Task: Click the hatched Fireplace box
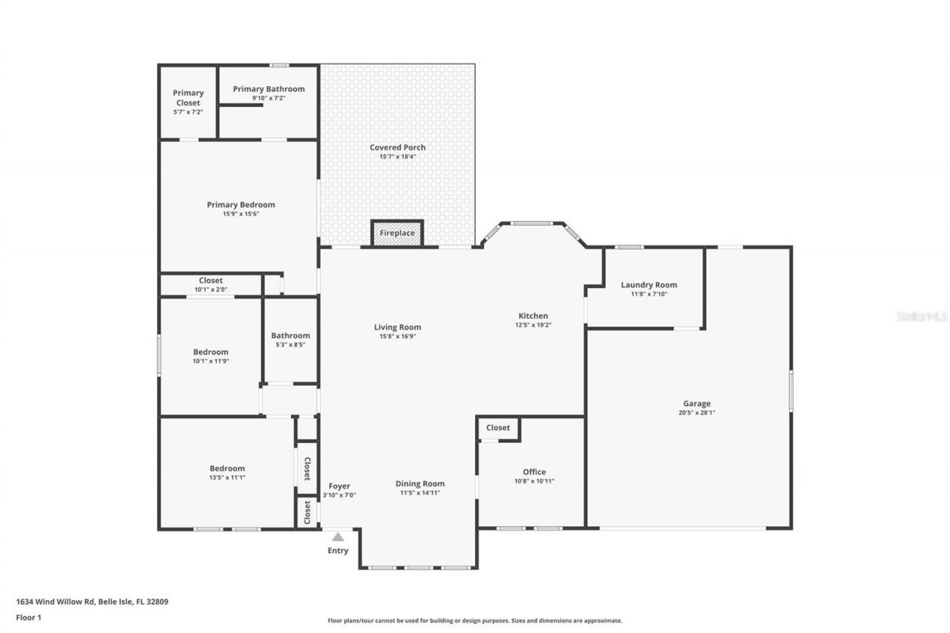point(397,233)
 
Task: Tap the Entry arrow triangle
point(338,537)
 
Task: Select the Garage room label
point(696,404)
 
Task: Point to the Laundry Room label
point(649,285)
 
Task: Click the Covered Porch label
point(398,148)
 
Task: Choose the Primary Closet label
point(189,98)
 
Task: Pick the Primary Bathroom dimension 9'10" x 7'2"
point(269,98)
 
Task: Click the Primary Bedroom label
point(240,205)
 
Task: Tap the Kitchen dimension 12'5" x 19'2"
point(533,325)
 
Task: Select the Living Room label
point(398,327)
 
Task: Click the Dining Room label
point(420,484)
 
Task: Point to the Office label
point(534,472)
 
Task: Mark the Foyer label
point(339,486)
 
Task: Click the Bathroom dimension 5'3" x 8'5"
point(290,344)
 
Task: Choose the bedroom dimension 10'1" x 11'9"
point(211,361)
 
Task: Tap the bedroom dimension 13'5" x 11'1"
point(227,477)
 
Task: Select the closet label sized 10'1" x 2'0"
point(211,281)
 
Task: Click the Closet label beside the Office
point(498,427)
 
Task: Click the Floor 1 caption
point(28,617)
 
